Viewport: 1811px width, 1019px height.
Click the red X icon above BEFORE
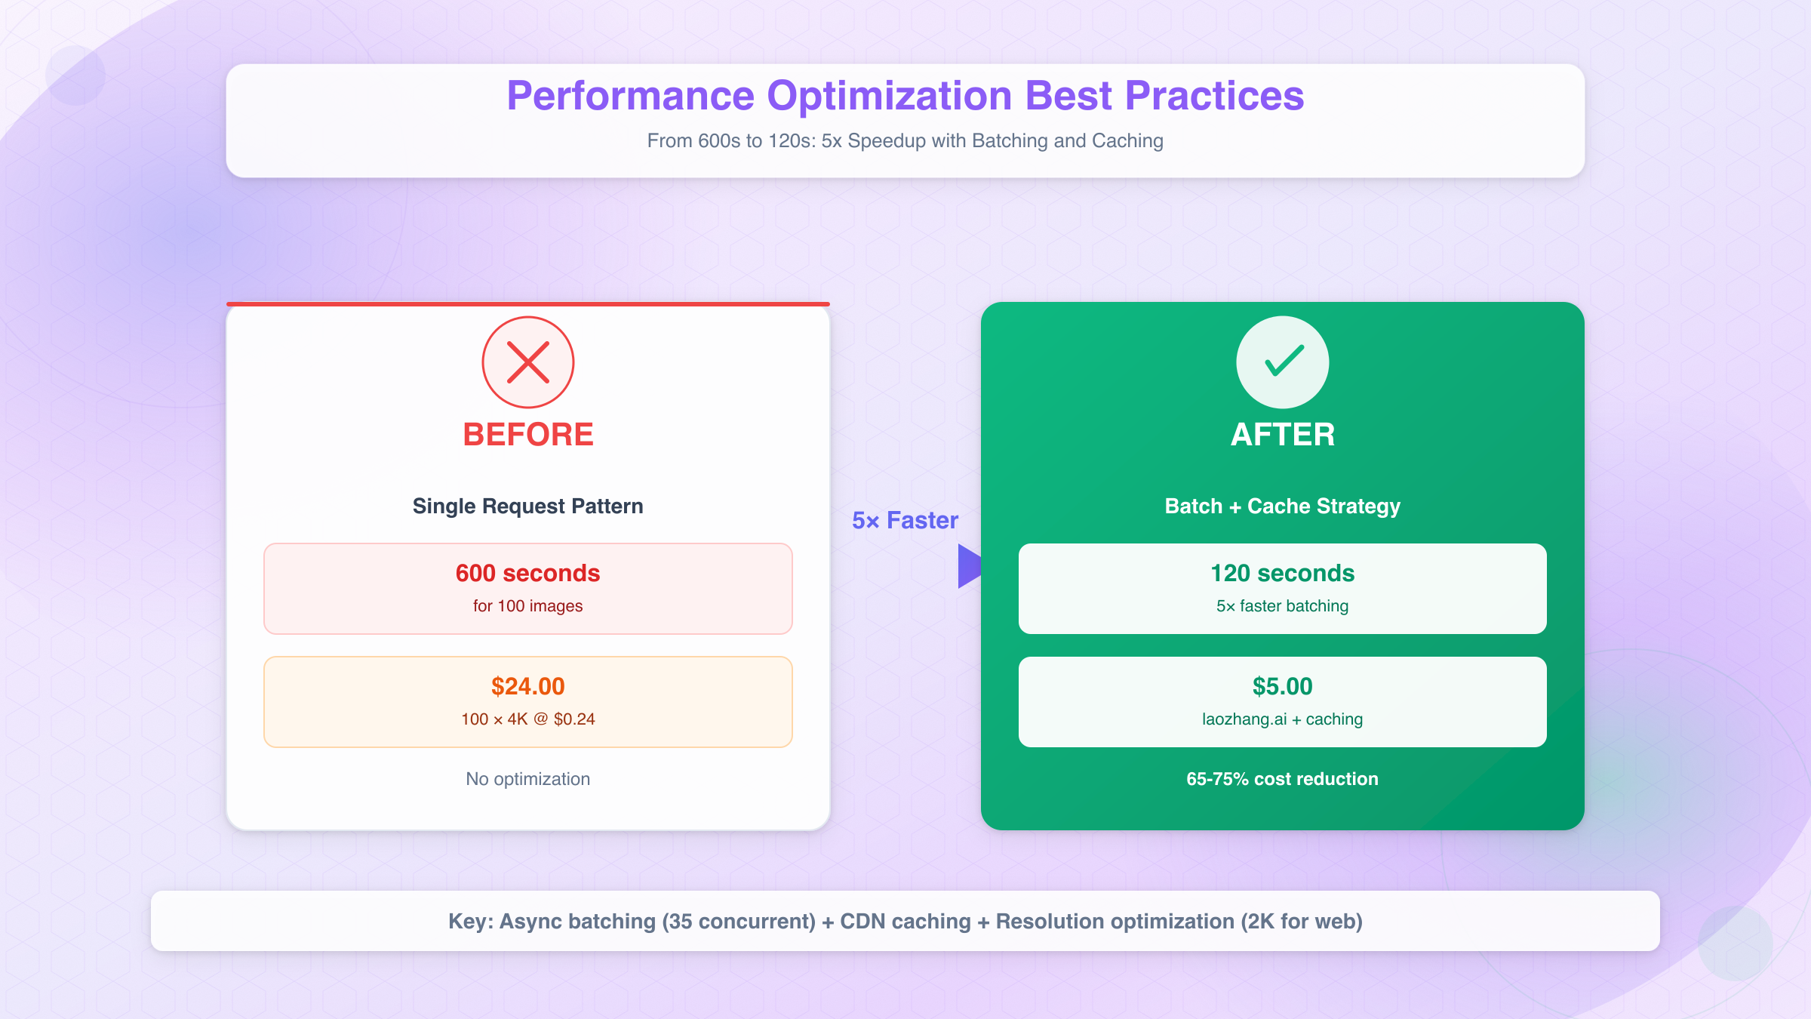tap(528, 362)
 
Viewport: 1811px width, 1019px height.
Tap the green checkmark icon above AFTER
tap(1283, 362)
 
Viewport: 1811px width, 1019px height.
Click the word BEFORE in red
tap(528, 435)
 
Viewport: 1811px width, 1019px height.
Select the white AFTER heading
tap(1283, 435)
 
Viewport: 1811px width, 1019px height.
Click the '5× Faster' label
tap(905, 520)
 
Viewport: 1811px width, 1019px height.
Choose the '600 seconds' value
tap(528, 573)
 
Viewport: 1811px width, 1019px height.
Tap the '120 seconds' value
tap(1283, 573)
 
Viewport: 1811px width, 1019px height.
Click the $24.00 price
tap(528, 686)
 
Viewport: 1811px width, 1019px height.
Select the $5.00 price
tap(1283, 686)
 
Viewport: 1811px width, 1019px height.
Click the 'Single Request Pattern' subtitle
tap(528, 506)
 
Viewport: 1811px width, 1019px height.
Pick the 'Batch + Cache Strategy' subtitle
tap(1283, 506)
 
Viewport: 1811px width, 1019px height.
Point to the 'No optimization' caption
tap(528, 779)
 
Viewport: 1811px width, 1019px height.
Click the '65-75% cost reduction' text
tap(1283, 779)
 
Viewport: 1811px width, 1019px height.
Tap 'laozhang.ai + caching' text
tap(1283, 719)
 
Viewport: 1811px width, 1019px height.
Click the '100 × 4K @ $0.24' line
tap(528, 719)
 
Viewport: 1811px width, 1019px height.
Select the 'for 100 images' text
tap(528, 606)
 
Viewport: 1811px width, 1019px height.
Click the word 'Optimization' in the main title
tap(890, 96)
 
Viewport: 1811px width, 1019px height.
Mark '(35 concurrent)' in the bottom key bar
tap(739, 922)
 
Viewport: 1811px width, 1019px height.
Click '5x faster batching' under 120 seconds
tap(1283, 606)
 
